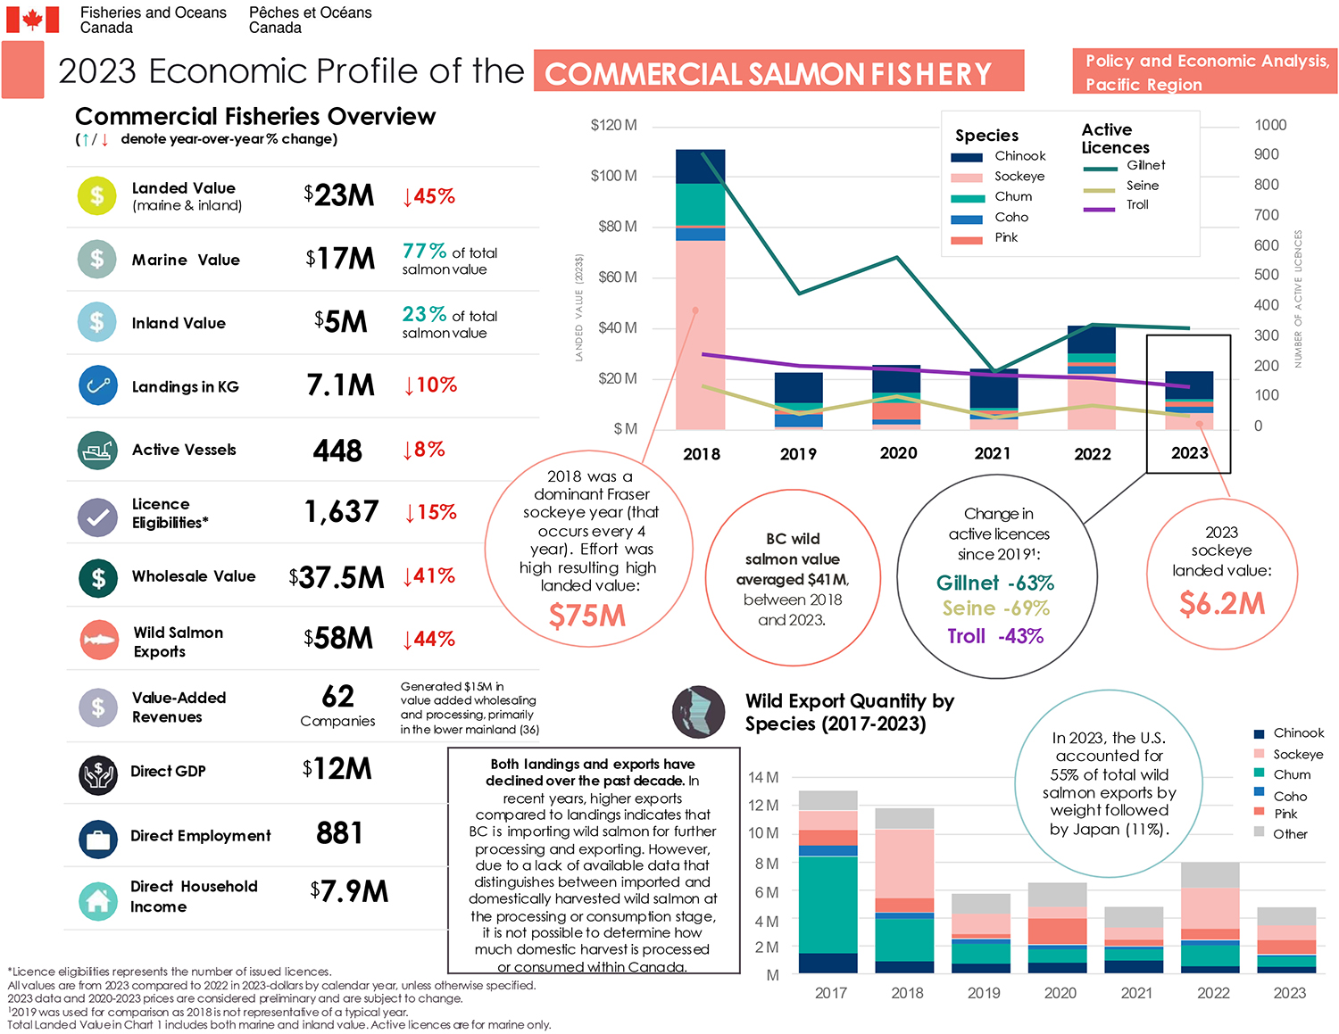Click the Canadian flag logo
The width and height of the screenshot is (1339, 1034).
[x=33, y=20]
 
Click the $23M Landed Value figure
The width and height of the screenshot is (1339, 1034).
[x=338, y=195]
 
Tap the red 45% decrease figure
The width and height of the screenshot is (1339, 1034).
[x=429, y=196]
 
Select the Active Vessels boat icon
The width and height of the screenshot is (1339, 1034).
[x=96, y=451]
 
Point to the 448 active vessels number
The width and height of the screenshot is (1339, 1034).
[x=337, y=451]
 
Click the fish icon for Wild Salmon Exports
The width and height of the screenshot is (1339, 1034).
[x=98, y=640]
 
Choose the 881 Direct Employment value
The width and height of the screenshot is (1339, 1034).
[x=339, y=833]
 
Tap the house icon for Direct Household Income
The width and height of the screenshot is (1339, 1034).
[x=97, y=900]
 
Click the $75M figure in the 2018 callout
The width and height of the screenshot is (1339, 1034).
[x=586, y=616]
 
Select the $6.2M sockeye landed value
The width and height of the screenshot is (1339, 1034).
[x=1221, y=604]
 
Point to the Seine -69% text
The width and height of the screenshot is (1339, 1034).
[x=995, y=608]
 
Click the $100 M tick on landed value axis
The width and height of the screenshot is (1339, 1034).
[x=613, y=176]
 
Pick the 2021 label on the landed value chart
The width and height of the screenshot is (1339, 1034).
[x=993, y=453]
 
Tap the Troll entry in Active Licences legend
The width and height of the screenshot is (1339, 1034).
[x=1137, y=205]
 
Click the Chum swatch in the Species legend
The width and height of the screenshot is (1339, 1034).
[x=967, y=198]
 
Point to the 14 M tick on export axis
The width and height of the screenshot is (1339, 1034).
[x=763, y=777]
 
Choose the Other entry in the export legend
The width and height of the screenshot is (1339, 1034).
[x=1289, y=834]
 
